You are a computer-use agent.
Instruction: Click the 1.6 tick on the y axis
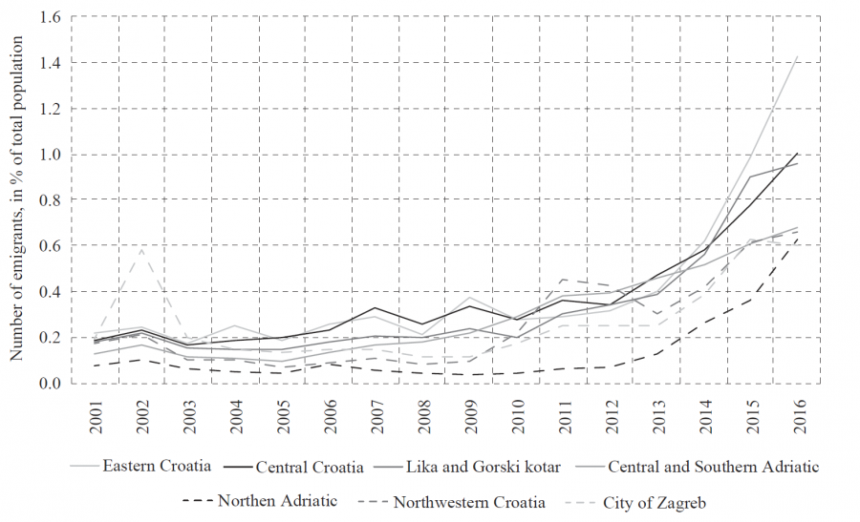[51, 17]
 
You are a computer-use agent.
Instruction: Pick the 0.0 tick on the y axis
[51, 384]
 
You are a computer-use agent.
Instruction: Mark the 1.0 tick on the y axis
[51, 155]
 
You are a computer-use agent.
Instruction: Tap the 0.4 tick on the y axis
[51, 292]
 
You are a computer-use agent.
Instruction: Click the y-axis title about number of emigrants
[16, 200]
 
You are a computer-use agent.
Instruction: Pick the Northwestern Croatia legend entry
[469, 501]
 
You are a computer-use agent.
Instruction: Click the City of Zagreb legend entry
[654, 501]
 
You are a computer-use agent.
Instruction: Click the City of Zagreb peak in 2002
[141, 249]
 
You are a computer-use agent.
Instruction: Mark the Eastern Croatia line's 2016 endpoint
[798, 55]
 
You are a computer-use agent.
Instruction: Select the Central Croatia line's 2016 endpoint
[798, 153]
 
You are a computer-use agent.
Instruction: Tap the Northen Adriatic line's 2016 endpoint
[798, 237]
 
